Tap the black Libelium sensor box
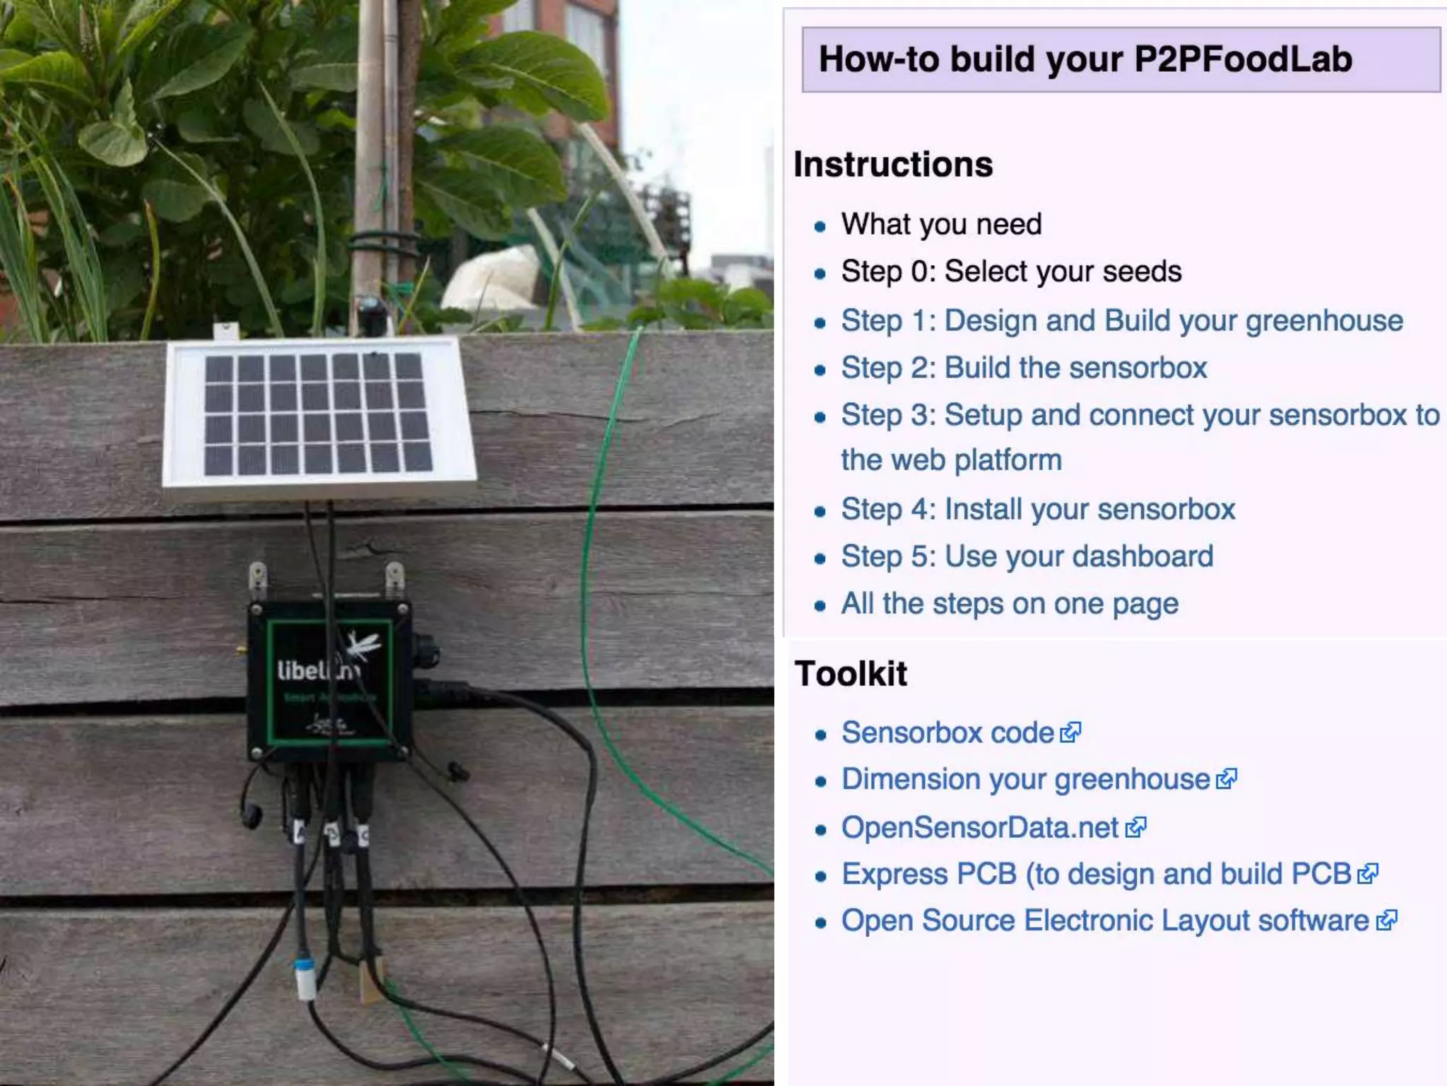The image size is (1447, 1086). pos(329,682)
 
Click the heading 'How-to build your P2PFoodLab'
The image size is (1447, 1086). pos(1085,59)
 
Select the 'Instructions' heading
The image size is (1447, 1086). pos(893,165)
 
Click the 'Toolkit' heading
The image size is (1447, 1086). pos(851,673)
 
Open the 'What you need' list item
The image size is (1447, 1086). pos(941,224)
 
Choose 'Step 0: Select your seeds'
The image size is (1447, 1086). pos(1011,271)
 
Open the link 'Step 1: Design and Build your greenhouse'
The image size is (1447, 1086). pos(1121,321)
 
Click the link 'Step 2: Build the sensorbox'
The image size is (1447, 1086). pos(1024,368)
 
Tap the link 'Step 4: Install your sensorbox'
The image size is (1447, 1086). pos(1038,510)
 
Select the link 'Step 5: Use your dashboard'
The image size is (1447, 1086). pos(1027,556)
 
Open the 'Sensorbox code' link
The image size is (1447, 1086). pos(947,733)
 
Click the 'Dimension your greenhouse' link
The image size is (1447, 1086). pos(1025,780)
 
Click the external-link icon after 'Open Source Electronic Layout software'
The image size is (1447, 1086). pos(1386,921)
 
